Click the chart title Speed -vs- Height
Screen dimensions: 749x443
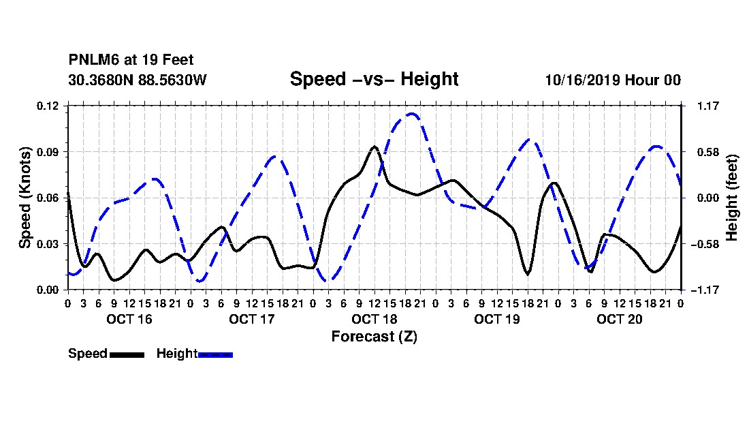[x=374, y=79]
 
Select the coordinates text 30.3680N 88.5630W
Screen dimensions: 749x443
[x=138, y=80]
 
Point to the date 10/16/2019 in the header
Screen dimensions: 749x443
[x=583, y=80]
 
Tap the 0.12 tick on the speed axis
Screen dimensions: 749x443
[x=48, y=106]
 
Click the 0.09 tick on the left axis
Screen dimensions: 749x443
[x=48, y=152]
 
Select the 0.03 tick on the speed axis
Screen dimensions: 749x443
[x=48, y=244]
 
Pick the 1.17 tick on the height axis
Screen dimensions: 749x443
[x=708, y=106]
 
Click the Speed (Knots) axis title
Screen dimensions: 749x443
[x=25, y=198]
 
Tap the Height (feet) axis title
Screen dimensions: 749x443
[x=732, y=198]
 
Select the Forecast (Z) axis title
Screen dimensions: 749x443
[x=374, y=337]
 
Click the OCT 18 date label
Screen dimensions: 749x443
[x=374, y=319]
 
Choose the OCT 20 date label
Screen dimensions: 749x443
[x=620, y=319]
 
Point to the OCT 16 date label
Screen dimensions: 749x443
[x=129, y=319]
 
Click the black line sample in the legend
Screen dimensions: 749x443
[x=127, y=354]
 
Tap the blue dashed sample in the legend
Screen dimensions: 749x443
[x=215, y=354]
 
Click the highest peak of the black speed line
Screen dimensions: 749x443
[x=374, y=147]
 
